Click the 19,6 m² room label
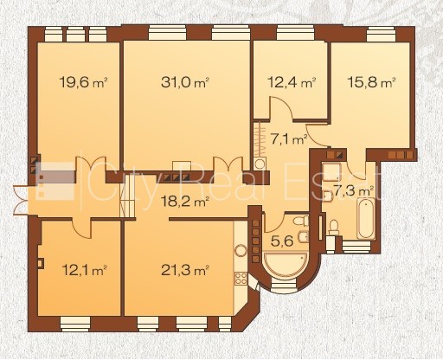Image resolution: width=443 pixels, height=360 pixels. [x=83, y=82]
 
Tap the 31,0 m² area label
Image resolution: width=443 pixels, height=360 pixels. [x=185, y=82]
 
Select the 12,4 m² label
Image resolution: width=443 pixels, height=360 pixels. [x=292, y=82]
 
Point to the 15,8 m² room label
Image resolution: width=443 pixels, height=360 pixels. [x=371, y=82]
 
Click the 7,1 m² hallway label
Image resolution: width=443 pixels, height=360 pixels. [x=288, y=139]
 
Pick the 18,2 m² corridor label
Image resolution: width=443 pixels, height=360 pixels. [x=185, y=201]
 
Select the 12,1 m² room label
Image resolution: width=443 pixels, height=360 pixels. [x=85, y=270]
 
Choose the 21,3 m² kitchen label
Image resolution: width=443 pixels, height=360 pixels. [x=185, y=270]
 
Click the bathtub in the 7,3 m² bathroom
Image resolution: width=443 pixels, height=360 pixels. [x=366, y=218]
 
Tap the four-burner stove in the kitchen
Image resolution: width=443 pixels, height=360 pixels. [x=241, y=279]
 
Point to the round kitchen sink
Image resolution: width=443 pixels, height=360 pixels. [x=241, y=251]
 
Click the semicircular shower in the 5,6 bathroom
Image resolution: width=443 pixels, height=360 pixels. [x=285, y=264]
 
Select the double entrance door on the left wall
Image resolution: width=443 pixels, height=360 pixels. [x=20, y=200]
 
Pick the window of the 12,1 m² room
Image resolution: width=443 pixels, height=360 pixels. [x=75, y=324]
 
